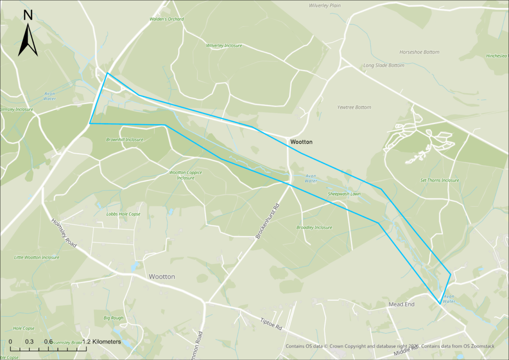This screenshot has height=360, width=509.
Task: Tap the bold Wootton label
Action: (x=301, y=142)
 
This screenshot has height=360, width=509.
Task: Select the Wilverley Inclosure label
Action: (x=224, y=46)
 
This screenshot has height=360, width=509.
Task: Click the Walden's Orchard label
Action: (x=167, y=19)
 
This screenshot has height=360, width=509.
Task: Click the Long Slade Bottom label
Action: (x=383, y=66)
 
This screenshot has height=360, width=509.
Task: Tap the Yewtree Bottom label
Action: (x=354, y=107)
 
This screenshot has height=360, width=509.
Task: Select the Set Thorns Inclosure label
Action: (x=439, y=180)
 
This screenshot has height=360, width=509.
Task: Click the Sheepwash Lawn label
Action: (x=344, y=194)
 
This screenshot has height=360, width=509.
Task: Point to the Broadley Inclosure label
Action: (x=314, y=228)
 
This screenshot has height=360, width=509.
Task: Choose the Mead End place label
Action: (x=401, y=304)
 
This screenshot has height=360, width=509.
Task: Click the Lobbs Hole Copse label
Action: (x=123, y=214)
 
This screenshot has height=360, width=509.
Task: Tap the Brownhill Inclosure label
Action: (x=124, y=140)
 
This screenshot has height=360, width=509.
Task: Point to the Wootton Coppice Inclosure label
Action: (x=185, y=175)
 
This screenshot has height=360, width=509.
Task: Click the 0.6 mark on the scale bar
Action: (x=48, y=342)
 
